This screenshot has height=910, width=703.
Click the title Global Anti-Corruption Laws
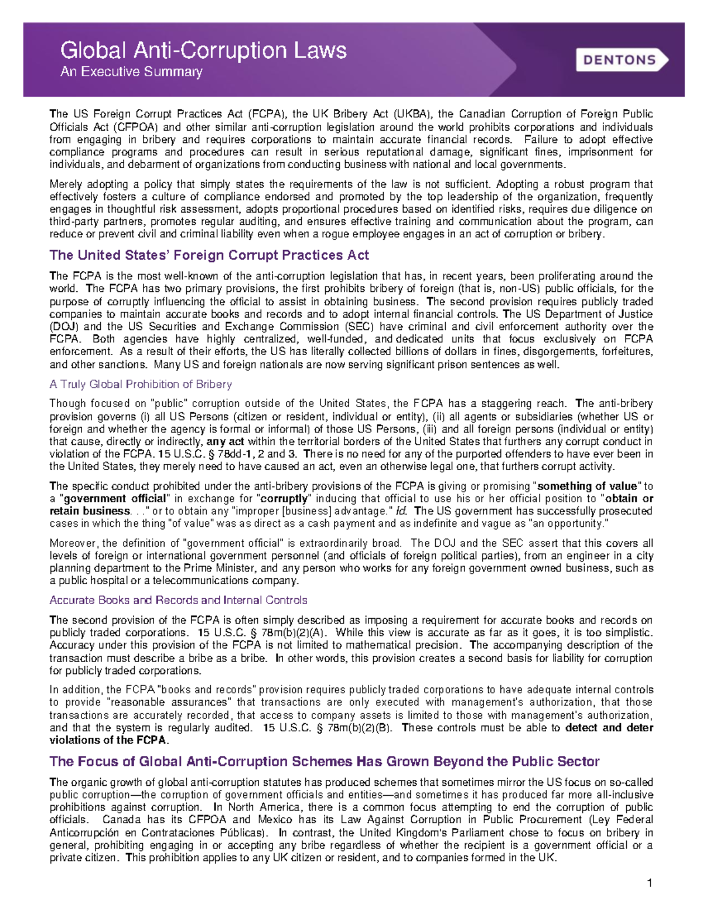tap(203, 50)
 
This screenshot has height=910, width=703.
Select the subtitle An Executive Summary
tap(131, 72)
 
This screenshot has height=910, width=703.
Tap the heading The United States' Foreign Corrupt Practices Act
tap(209, 255)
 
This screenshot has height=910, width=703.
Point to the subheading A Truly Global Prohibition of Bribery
tap(141, 384)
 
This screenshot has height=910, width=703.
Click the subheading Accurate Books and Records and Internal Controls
tap(178, 600)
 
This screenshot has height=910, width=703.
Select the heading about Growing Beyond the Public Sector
tap(325, 761)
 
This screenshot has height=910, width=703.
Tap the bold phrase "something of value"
tap(587, 486)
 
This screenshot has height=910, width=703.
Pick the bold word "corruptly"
tap(284, 499)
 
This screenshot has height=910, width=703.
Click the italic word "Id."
tap(402, 511)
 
